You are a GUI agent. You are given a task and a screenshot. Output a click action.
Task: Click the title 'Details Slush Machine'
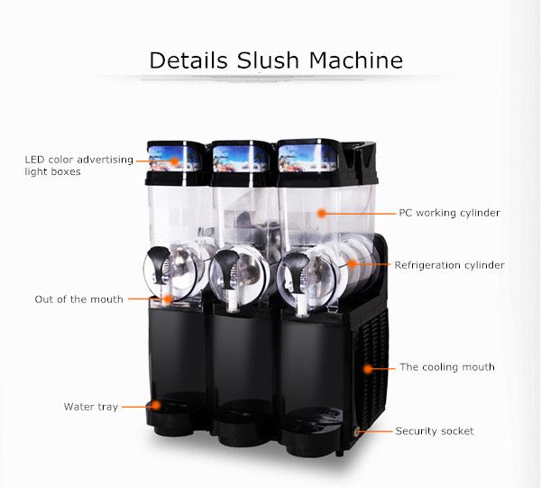point(275,60)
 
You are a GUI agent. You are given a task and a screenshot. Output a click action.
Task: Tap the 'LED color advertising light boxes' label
point(78,165)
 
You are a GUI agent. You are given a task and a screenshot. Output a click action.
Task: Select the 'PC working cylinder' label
point(449,214)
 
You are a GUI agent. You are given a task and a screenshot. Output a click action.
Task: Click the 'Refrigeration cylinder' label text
point(449,265)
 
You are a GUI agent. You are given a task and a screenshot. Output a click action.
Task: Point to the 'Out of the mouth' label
point(78,299)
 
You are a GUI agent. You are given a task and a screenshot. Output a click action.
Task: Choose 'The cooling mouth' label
point(447,367)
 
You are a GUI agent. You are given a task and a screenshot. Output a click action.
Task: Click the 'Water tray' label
point(90,407)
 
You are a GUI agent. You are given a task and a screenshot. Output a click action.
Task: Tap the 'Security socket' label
point(434,431)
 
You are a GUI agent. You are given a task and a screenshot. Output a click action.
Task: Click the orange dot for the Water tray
point(151,407)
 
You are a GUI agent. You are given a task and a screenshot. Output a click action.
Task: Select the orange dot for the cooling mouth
point(368,368)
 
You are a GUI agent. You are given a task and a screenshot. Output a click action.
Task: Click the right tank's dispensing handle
point(294,265)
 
